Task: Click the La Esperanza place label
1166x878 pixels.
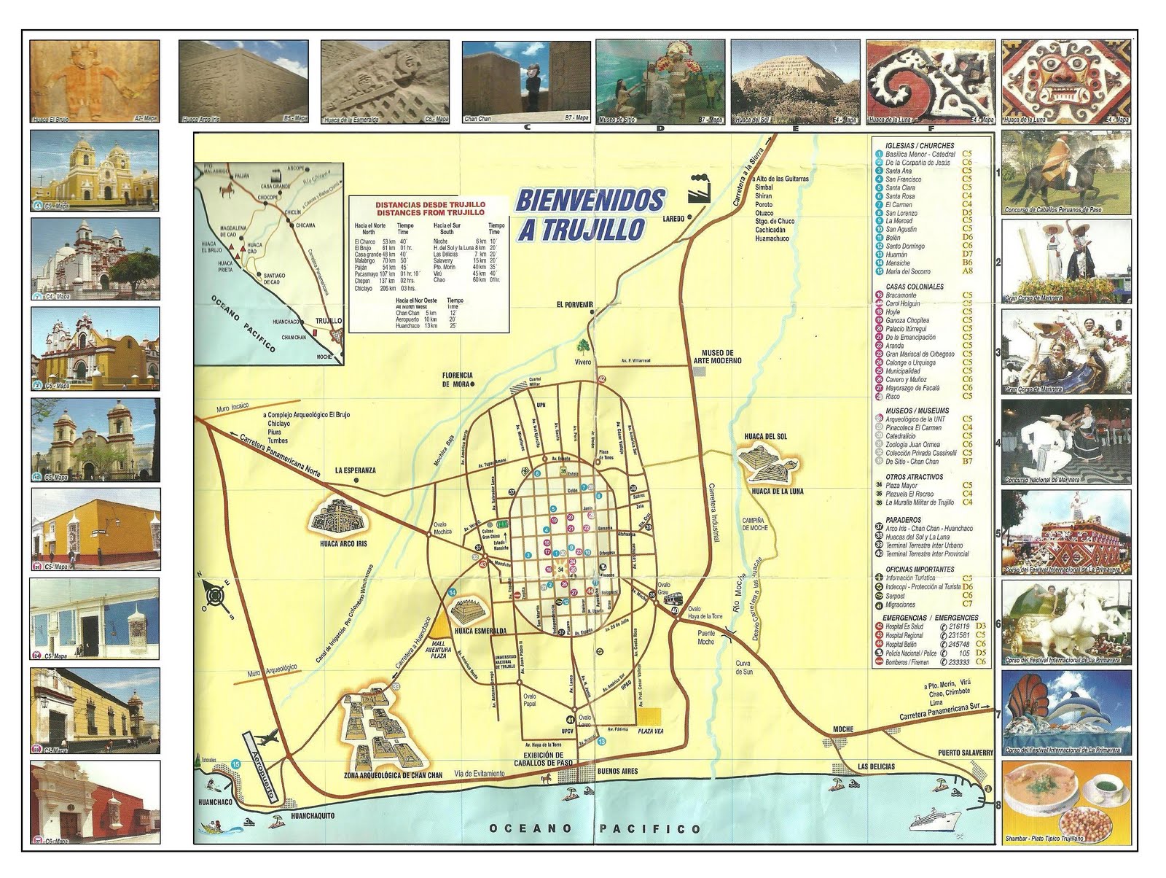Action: point(355,470)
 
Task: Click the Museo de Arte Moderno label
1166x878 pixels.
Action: point(721,357)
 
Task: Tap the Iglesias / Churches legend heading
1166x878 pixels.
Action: point(919,145)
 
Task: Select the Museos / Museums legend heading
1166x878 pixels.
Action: point(917,411)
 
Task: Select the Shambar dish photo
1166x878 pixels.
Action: point(1067,801)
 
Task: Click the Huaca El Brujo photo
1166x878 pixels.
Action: point(95,81)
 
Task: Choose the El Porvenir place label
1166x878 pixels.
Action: point(574,304)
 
